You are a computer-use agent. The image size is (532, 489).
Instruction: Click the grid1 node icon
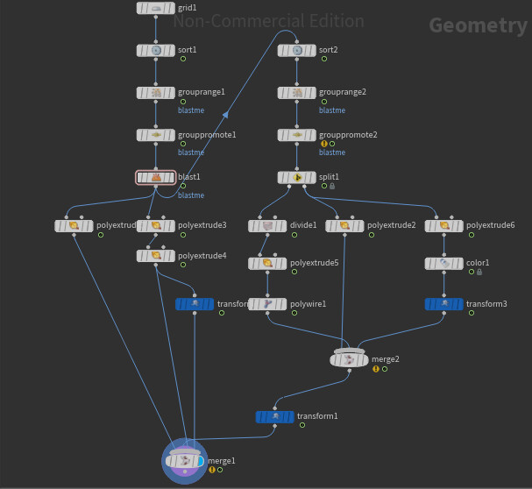(156, 8)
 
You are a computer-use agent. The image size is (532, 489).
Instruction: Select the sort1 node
(156, 51)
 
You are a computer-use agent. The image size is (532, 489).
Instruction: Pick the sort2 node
(297, 51)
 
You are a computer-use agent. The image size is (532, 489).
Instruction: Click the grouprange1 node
(156, 93)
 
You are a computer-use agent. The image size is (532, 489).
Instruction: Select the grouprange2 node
(297, 93)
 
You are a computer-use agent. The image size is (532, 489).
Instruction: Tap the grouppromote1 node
(156, 135)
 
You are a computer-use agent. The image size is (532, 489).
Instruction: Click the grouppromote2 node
(297, 135)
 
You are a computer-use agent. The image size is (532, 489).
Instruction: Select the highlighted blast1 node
(156, 178)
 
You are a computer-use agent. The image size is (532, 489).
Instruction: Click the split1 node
(297, 178)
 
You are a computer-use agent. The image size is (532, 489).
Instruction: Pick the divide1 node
(268, 226)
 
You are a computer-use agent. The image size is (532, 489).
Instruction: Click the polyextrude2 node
(344, 226)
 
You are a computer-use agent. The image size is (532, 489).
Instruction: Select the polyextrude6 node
(444, 226)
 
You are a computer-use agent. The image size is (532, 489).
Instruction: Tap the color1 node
(444, 263)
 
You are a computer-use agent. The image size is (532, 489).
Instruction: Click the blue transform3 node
(444, 304)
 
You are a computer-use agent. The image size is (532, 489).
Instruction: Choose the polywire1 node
(268, 304)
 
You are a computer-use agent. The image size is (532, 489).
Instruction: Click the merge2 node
(350, 359)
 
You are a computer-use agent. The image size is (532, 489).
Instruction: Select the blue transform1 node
(275, 416)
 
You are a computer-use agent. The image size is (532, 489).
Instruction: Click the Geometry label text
(478, 25)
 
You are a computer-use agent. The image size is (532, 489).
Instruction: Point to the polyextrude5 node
(268, 263)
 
